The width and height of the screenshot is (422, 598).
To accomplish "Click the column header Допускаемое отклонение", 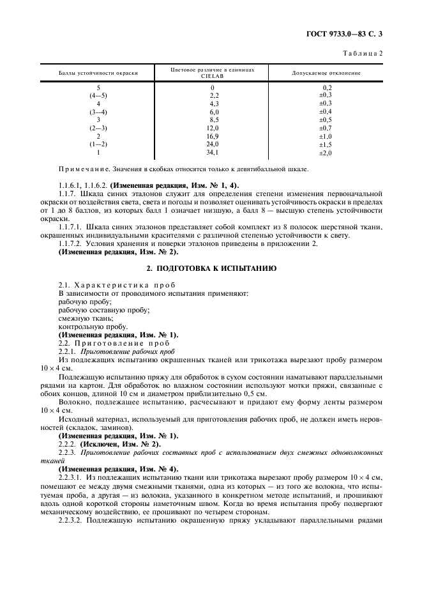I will point(326,73).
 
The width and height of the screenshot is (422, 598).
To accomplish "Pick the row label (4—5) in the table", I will point(98,95).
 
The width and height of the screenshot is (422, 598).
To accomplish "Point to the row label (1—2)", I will point(98,144).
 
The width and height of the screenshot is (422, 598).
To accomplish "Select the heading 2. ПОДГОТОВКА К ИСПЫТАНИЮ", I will point(211,268).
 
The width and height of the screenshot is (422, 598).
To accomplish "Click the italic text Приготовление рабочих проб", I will point(122,351).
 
